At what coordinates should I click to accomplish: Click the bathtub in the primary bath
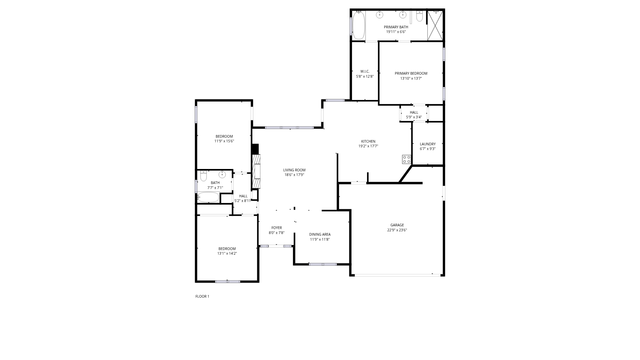click(359, 25)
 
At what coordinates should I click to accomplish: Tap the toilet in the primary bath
click(419, 16)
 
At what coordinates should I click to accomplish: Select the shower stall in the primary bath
click(435, 26)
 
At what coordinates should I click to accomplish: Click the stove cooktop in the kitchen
click(406, 159)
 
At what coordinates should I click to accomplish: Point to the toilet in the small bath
click(203, 176)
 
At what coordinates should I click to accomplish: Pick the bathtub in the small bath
click(208, 197)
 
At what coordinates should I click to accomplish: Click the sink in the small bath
click(222, 174)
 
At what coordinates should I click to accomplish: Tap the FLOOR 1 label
click(202, 296)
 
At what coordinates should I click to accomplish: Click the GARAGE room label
click(397, 225)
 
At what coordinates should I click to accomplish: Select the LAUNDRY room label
click(428, 144)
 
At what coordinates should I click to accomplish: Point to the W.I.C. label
click(365, 71)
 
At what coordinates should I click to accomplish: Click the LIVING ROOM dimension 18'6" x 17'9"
click(294, 175)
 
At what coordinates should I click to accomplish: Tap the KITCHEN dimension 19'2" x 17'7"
click(368, 146)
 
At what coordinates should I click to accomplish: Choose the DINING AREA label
click(320, 234)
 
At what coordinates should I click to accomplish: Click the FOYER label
click(277, 228)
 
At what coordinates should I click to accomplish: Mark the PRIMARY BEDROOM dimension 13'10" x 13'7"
click(411, 78)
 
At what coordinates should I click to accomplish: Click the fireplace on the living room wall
click(256, 171)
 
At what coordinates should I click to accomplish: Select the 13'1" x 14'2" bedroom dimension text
click(227, 253)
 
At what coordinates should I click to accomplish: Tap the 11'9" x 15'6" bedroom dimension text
click(224, 141)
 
